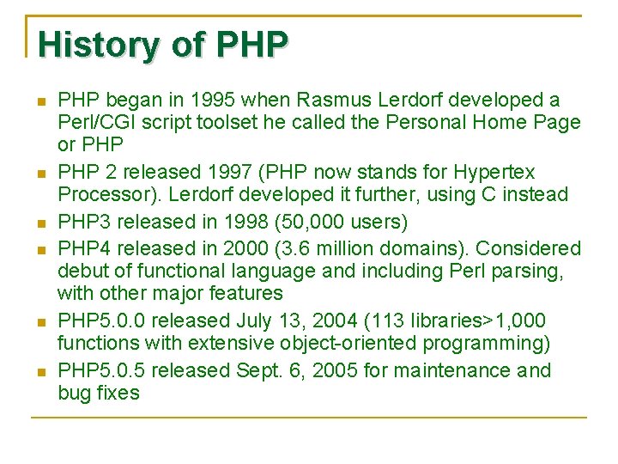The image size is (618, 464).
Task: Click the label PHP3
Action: tap(82, 222)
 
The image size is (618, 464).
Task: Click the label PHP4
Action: tap(82, 248)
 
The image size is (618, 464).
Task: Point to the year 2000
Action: tap(244, 248)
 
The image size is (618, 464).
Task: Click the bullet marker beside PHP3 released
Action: tap(40, 223)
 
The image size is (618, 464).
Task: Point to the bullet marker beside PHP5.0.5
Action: tap(40, 371)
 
